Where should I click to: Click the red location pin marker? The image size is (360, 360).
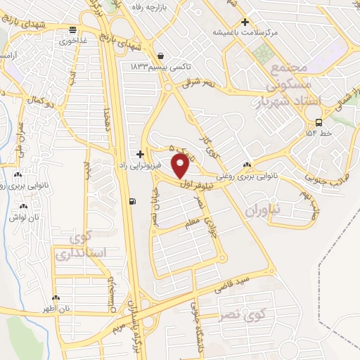click(x=180, y=166)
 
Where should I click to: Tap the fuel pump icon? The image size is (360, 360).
click(x=133, y=202)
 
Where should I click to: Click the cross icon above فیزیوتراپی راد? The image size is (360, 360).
click(x=141, y=153)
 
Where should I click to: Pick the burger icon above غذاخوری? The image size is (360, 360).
click(x=72, y=30)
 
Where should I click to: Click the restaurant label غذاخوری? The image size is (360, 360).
click(x=73, y=40)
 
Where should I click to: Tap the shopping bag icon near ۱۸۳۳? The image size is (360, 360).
click(x=162, y=56)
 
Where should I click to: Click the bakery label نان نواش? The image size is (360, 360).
click(x=25, y=217)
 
